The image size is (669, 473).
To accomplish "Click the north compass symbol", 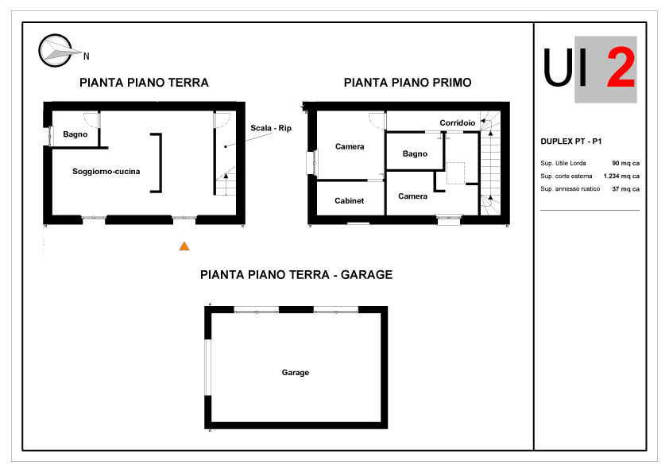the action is (56, 50).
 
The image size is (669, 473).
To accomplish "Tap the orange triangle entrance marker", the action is (184, 246).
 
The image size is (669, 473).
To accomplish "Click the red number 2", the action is (621, 67).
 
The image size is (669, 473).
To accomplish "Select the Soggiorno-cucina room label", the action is (106, 172).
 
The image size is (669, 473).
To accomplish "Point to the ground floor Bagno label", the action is (75, 134).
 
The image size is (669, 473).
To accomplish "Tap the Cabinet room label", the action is (350, 200).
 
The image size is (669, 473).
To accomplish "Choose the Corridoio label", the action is (458, 123).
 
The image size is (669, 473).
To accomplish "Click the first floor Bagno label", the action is (415, 153).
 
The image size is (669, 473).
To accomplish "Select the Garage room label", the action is (296, 373).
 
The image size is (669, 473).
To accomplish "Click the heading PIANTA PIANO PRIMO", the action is (408, 83).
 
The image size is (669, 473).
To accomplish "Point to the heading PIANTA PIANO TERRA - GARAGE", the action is (296, 274).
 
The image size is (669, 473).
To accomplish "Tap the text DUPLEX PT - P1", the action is (570, 142).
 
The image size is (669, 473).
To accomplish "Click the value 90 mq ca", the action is (625, 163).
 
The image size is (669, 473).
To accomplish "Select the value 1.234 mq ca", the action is (621, 176).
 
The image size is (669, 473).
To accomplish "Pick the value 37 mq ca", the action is (625, 188).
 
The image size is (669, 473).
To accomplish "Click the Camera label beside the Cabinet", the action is (350, 147).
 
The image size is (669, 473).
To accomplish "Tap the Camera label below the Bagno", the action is (412, 196).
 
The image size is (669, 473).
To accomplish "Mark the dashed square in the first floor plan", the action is (455, 173).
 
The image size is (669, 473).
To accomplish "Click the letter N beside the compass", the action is (86, 56).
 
